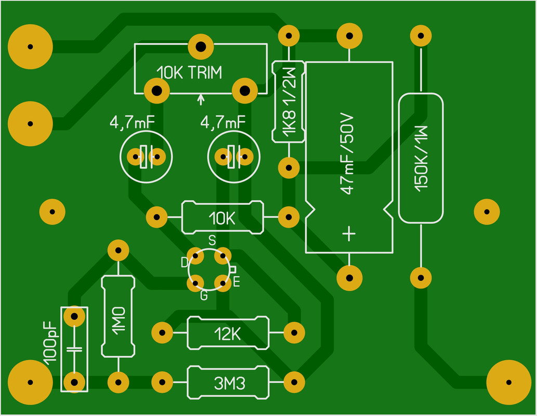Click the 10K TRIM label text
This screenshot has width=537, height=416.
click(189, 73)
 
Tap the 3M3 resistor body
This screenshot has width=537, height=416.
click(228, 382)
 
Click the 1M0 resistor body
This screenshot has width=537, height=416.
click(118, 316)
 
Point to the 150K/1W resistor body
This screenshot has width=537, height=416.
click(421, 158)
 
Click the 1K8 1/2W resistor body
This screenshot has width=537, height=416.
click(289, 101)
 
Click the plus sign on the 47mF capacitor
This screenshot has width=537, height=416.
click(349, 233)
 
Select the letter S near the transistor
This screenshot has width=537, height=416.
click(212, 241)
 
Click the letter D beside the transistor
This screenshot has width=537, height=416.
click(184, 263)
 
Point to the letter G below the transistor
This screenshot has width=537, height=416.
click(204, 295)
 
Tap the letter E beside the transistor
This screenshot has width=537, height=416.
click(237, 282)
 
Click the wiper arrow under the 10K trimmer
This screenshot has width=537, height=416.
click(201, 99)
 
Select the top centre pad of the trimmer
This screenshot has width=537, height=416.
click(201, 47)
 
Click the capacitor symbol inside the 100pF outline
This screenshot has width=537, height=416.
click(74, 349)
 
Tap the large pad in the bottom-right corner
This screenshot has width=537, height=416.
click(508, 382)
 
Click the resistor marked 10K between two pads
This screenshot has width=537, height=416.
click(222, 217)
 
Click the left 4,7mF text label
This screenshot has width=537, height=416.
click(132, 122)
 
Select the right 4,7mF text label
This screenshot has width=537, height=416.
click(222, 122)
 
